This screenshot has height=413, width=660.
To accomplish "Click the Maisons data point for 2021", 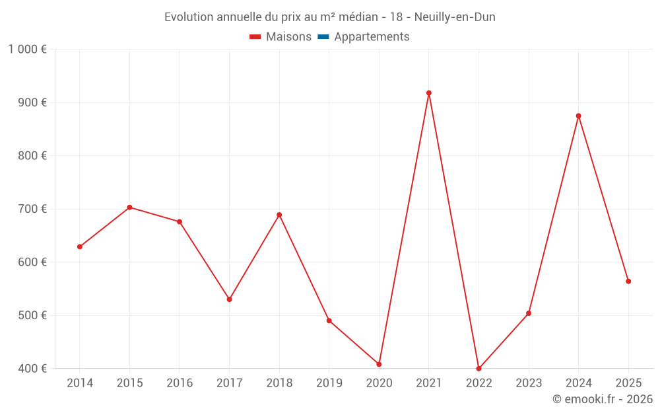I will (429, 93).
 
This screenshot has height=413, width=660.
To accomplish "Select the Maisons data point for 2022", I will (478, 369).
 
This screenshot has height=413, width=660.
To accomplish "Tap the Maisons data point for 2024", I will (579, 116).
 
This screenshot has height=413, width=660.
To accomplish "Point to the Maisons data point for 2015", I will (129, 207).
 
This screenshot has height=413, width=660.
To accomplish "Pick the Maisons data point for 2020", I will (379, 364).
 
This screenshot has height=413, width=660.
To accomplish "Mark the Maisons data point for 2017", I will (229, 299).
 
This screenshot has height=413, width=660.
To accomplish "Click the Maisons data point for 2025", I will (628, 282).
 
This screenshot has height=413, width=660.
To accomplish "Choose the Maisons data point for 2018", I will (279, 215).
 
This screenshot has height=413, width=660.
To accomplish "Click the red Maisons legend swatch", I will (255, 37).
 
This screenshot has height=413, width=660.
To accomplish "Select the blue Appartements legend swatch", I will (323, 37).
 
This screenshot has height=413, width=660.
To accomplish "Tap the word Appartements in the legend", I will (372, 37).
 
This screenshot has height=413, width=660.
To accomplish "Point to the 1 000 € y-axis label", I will (27, 50).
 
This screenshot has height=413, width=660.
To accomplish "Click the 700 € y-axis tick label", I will (34, 209).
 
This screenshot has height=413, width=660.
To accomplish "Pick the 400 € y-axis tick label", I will (34, 369).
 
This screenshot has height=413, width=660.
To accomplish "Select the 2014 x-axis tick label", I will (80, 383).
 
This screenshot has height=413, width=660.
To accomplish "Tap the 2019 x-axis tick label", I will (329, 383).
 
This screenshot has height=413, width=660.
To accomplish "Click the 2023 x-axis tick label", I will (529, 383).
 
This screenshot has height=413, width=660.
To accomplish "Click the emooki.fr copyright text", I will (603, 399).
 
